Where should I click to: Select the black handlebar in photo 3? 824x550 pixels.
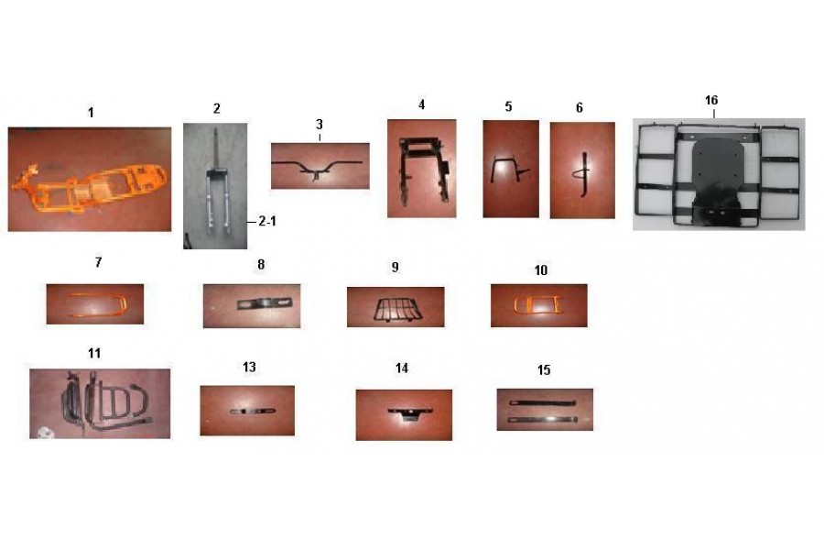click(x=317, y=166)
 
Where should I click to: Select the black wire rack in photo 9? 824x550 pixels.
click(x=396, y=309)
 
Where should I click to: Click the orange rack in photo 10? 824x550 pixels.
click(x=537, y=305)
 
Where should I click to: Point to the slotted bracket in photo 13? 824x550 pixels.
click(x=253, y=411)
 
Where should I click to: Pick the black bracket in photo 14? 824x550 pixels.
click(x=410, y=412)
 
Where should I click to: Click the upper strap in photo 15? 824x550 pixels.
click(x=542, y=402)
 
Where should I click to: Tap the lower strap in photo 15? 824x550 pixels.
click(x=543, y=420)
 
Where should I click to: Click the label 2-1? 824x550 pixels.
click(x=267, y=222)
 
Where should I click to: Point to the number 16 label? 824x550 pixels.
click(x=711, y=100)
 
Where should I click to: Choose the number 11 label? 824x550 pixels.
click(x=94, y=353)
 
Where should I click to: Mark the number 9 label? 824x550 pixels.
click(x=396, y=268)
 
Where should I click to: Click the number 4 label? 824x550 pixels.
click(x=421, y=104)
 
